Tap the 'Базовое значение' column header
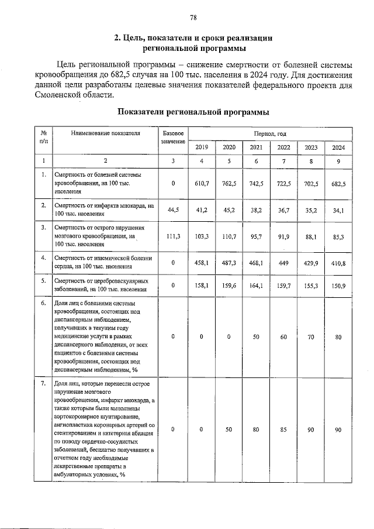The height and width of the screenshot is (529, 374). coord(173,138)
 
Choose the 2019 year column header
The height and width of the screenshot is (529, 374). coord(201,147)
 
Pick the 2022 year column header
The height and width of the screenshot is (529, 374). coord(283,147)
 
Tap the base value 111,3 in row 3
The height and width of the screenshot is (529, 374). coord(173,236)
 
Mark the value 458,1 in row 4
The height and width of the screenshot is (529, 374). coord(202,263)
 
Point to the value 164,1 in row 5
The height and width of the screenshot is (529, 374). coord(255,286)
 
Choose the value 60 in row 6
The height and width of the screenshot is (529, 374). coord(283,337)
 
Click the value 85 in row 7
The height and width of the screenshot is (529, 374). coord(283,430)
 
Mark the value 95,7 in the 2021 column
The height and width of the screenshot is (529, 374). coord(255,236)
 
